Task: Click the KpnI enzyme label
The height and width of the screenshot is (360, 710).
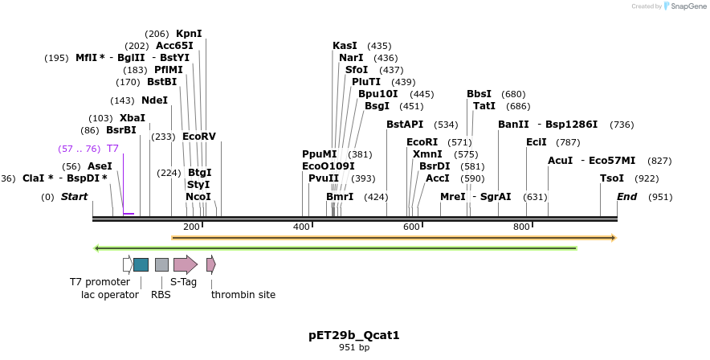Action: (x=189, y=34)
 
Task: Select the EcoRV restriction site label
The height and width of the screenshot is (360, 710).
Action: (x=199, y=137)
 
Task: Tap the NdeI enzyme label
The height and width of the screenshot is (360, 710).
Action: (x=155, y=100)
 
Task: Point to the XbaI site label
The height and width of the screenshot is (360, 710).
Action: (x=133, y=118)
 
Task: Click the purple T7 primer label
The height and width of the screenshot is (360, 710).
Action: (x=112, y=149)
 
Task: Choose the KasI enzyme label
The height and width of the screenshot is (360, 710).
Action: (x=345, y=46)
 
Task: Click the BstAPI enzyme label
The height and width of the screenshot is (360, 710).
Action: (x=405, y=125)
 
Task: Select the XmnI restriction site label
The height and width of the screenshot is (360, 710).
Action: (x=427, y=154)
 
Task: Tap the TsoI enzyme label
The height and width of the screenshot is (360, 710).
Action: (x=612, y=178)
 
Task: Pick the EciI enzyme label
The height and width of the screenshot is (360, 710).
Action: (x=536, y=142)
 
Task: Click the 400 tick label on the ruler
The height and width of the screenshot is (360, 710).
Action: (x=301, y=227)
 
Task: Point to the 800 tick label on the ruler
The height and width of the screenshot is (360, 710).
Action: (x=521, y=227)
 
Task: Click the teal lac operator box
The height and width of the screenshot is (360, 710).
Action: (x=141, y=264)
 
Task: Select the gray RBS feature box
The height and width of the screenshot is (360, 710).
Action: (x=161, y=264)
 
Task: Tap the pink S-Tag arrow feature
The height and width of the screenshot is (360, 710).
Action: (x=185, y=264)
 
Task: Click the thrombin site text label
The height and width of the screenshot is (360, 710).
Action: (x=243, y=295)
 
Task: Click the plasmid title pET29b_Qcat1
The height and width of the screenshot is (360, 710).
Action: (x=354, y=334)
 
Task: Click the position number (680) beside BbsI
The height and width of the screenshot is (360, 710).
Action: (x=513, y=94)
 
